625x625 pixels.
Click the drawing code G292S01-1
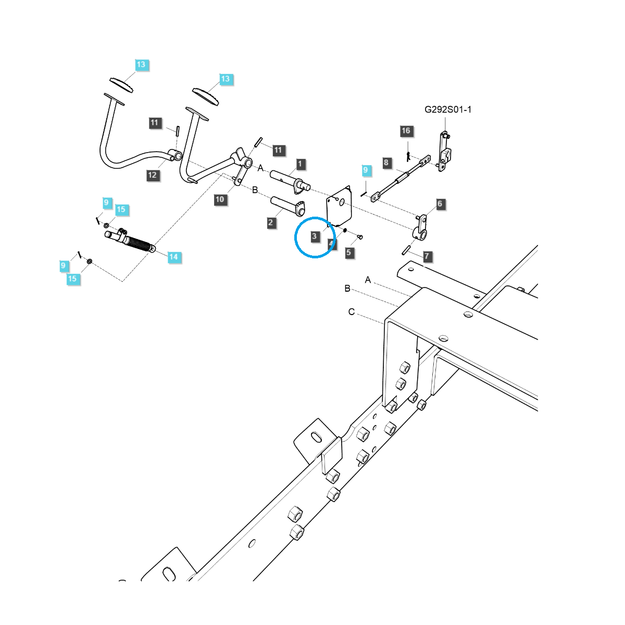[448, 109]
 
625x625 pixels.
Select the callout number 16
[406, 131]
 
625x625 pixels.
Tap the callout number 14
[173, 257]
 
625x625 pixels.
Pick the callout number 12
[152, 175]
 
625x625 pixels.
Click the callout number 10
[220, 199]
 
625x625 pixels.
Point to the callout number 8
[386, 162]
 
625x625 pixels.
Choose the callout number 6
[440, 204]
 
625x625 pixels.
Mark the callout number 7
[427, 256]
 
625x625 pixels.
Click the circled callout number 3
[314, 236]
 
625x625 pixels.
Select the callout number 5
[349, 253]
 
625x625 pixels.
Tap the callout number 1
[300, 164]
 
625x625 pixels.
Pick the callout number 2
[271, 223]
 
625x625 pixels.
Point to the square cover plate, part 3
[340, 207]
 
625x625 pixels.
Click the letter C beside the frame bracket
[352, 312]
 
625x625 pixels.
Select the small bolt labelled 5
[360, 238]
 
